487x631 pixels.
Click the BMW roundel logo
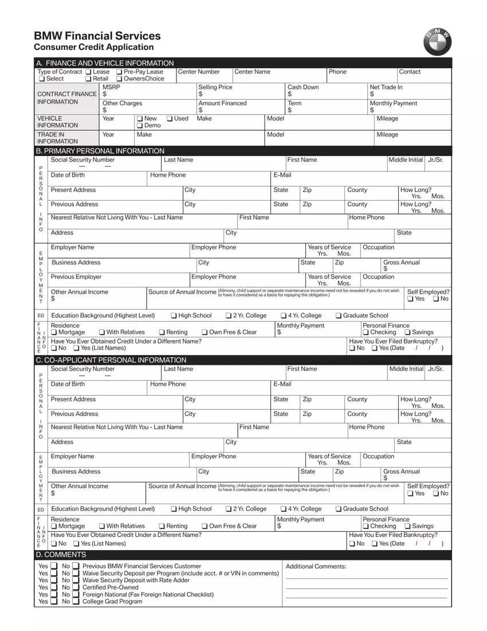[437, 41]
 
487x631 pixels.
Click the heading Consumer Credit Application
[93, 48]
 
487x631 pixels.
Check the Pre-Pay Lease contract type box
[119, 72]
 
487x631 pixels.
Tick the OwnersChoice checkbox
[119, 79]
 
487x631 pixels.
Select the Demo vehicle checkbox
[140, 126]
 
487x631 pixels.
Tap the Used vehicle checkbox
[170, 119]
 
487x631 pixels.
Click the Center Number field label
[199, 72]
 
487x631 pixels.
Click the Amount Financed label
[222, 103]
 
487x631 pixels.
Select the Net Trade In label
[386, 87]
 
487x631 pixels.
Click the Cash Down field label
[303, 87]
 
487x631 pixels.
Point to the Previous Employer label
[76, 277]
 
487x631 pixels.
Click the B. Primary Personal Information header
[100, 151]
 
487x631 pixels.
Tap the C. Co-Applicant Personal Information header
[111, 360]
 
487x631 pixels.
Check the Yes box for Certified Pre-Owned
[53, 587]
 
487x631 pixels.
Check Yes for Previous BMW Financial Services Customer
[53, 566]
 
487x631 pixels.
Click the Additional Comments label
[316, 567]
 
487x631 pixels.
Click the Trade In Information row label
[57, 138]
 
